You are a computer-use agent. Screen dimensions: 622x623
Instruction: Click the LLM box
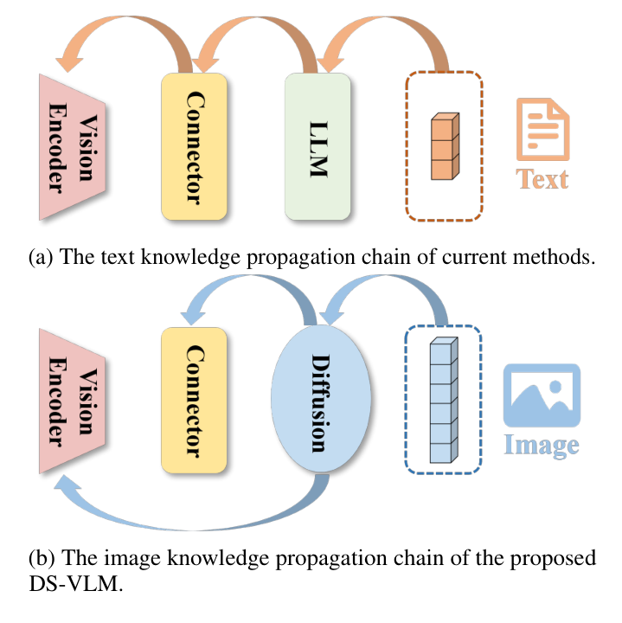click(x=317, y=146)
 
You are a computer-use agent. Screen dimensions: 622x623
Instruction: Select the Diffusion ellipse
click(x=321, y=399)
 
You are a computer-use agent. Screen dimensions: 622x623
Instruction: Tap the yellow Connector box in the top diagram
click(x=194, y=146)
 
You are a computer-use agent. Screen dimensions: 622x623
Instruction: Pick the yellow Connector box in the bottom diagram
click(x=194, y=400)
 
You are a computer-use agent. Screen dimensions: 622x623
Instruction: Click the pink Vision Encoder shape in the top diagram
click(x=72, y=146)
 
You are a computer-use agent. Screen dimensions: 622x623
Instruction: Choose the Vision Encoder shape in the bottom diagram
click(x=72, y=401)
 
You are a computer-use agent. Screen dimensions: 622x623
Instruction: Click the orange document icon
click(x=542, y=129)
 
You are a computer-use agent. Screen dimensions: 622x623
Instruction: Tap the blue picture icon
click(x=542, y=395)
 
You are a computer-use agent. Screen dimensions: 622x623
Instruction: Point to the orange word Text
click(x=542, y=179)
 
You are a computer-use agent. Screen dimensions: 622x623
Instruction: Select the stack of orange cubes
click(x=446, y=146)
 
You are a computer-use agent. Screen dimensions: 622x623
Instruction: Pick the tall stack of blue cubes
click(x=444, y=400)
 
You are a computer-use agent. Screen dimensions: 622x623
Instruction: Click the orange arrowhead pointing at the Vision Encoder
click(x=69, y=64)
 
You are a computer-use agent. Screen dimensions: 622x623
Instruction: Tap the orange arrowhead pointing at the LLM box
click(x=330, y=64)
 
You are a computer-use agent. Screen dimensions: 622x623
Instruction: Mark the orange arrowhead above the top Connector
click(x=204, y=64)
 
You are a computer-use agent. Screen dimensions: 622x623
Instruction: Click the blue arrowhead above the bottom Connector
click(x=193, y=318)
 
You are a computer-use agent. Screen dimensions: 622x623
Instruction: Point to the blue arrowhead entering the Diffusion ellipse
click(x=331, y=318)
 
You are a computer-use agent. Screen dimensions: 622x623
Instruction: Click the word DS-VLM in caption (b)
click(x=76, y=584)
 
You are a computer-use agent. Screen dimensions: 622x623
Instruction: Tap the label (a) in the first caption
click(x=41, y=257)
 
